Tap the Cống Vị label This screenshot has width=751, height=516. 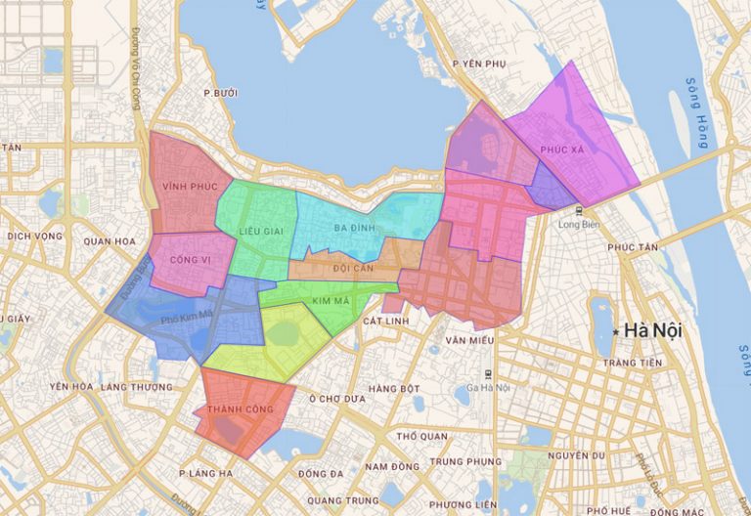(190, 260)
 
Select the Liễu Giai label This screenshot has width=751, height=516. (260, 230)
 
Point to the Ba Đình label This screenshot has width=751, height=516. (354, 228)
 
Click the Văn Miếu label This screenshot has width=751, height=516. (465, 340)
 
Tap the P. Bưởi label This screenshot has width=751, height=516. (221, 93)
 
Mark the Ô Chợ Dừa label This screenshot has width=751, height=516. (337, 399)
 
